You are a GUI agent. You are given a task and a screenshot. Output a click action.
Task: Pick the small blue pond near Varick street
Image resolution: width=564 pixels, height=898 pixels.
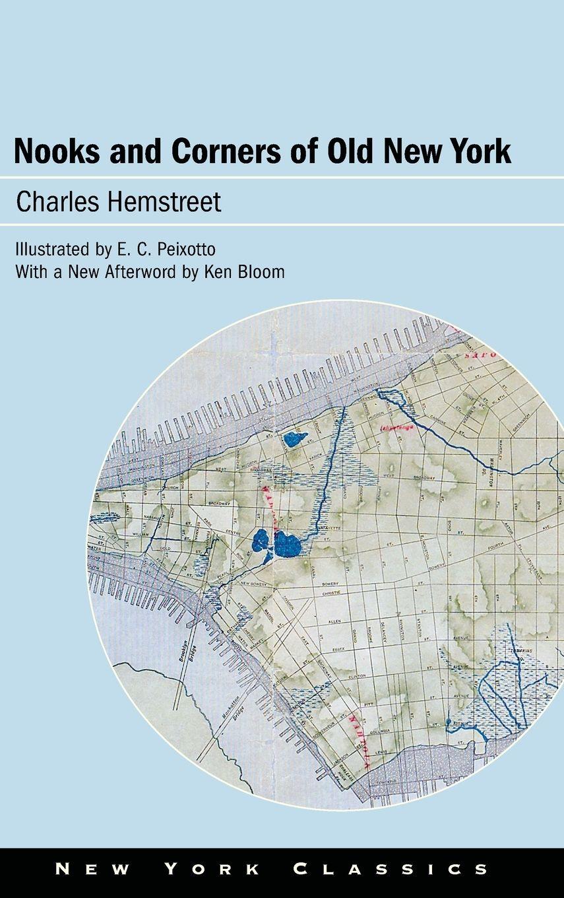pos(294,438)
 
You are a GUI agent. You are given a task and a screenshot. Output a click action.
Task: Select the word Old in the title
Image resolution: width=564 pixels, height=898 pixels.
pos(351,151)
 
